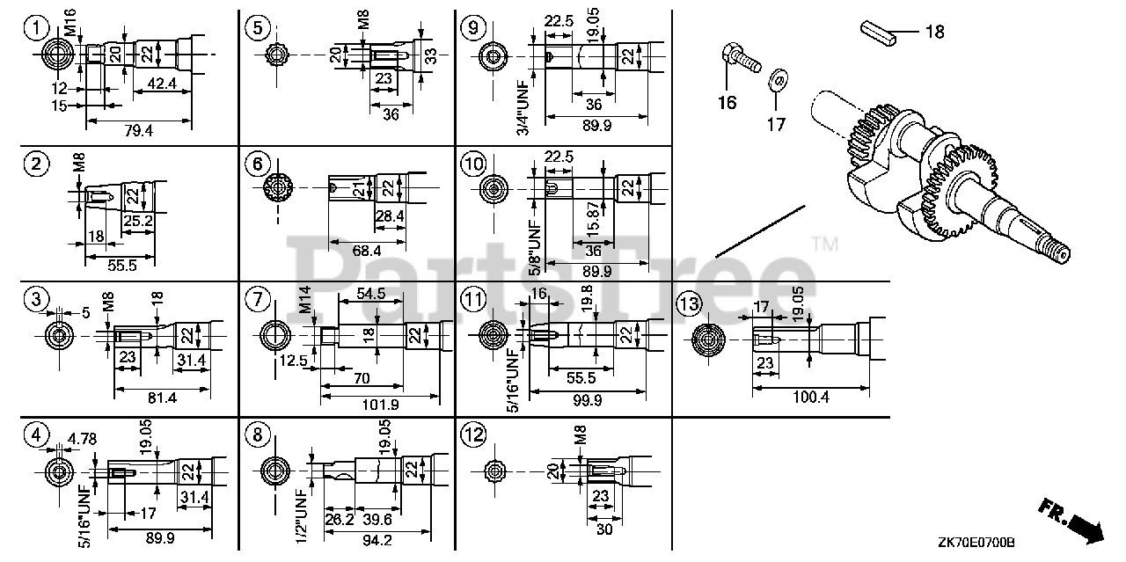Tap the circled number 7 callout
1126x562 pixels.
256,300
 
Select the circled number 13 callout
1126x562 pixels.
690,305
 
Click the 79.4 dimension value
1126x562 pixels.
139,130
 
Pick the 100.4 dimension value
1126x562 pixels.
810,397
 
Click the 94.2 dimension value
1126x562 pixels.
376,540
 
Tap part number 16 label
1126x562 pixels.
726,103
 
